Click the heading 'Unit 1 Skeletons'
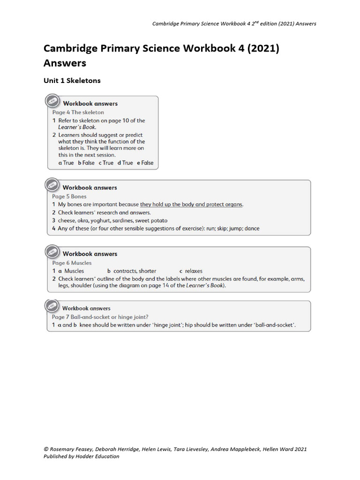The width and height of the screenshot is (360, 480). tap(72, 81)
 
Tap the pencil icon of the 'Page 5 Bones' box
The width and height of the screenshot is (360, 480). tap(52, 185)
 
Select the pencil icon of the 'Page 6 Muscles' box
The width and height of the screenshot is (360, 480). tap(52, 252)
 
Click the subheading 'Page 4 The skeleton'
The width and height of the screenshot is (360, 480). tap(78, 112)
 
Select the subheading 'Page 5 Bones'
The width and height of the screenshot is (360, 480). tap(69, 196)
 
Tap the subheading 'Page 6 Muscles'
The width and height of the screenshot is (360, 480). tap(72, 263)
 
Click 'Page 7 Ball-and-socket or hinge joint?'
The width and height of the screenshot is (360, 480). tap(100, 317)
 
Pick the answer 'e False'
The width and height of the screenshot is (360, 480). tap(145, 163)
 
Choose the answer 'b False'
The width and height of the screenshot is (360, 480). tap(86, 163)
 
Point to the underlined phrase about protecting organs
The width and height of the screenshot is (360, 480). tap(191, 204)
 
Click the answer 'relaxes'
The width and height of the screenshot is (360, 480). tap(194, 271)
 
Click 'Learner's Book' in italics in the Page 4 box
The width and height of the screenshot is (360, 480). tap(77, 127)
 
